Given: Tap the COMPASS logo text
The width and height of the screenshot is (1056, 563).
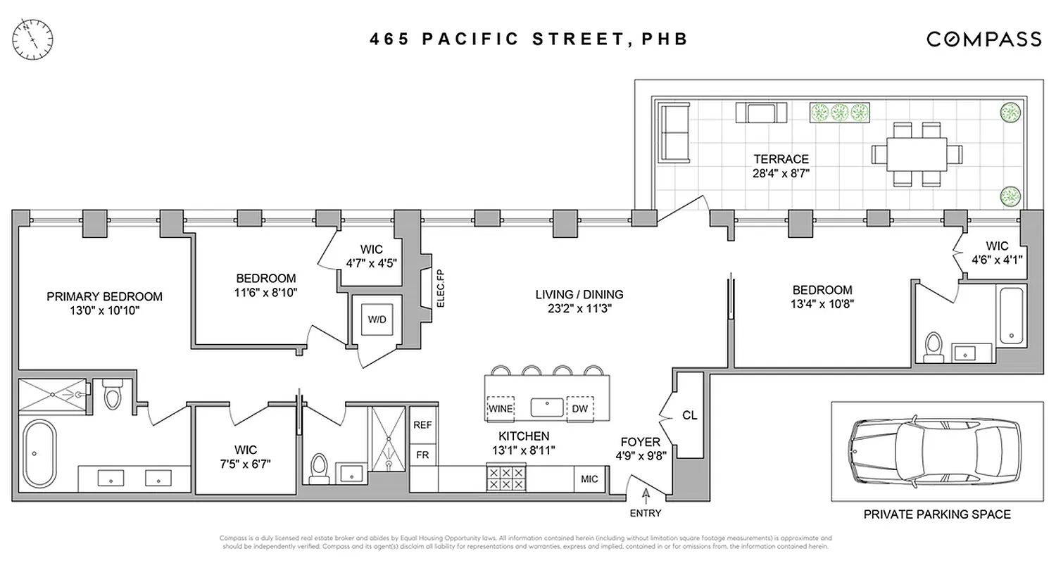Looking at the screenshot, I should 983,39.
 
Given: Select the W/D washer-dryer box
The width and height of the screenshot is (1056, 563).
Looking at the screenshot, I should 377,319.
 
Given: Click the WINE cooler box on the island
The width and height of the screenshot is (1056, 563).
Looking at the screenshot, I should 501,408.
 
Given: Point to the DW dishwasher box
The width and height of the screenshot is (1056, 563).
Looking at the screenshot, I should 580,408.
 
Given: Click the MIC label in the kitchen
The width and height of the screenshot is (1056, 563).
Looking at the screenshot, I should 589,479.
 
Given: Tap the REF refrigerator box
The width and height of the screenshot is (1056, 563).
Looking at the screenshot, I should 422,425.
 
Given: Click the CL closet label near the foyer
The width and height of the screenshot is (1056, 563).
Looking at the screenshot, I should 689,416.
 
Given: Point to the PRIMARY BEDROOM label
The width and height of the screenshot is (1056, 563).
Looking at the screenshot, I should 104,296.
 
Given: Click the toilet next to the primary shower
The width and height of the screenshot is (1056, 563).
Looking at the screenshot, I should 112,396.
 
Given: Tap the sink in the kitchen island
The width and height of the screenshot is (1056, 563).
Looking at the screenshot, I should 546,407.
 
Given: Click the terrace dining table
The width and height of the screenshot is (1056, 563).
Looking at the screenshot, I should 912,154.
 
